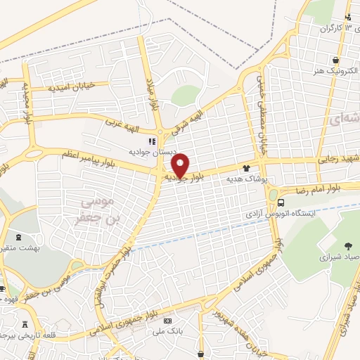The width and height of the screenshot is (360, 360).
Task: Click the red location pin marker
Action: click(181, 165)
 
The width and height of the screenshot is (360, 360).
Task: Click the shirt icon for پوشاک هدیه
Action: click(246, 168)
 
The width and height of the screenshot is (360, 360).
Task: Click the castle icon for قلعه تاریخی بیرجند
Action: click(27, 324)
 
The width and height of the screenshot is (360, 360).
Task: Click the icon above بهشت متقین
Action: click(18, 238)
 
